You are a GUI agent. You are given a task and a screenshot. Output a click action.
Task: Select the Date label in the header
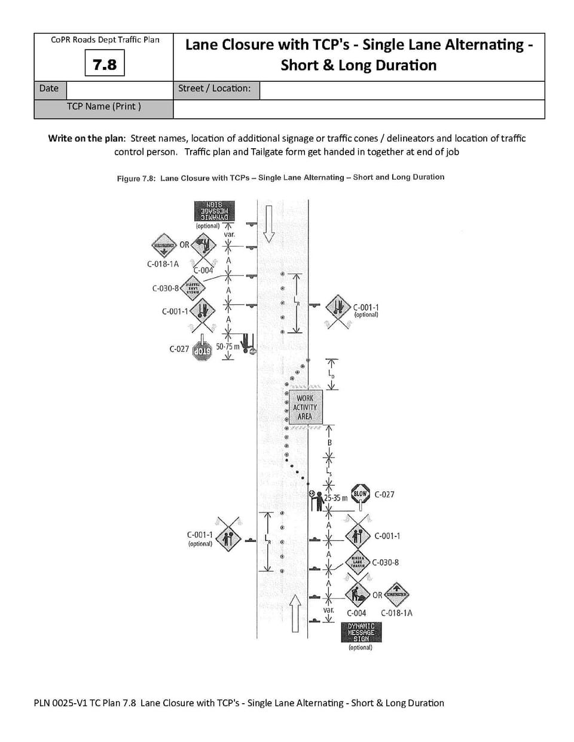pyautogui.click(x=48, y=88)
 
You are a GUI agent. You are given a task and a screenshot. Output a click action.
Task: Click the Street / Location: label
pyautogui.click(x=214, y=88)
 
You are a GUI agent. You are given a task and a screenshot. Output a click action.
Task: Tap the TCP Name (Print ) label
pyautogui.click(x=104, y=106)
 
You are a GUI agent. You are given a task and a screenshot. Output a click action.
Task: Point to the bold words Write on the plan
pyautogui.click(x=87, y=139)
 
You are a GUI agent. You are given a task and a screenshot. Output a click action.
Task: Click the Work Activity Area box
pyautogui.click(x=304, y=407)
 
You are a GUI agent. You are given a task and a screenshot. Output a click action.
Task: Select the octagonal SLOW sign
pyautogui.click(x=360, y=494)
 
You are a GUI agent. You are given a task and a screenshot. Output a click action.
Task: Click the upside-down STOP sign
pyautogui.click(x=203, y=350)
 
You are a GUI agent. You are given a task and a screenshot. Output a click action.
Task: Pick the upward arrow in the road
pyautogui.click(x=295, y=612)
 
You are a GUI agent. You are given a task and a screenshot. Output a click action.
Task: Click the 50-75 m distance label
pyautogui.click(x=227, y=347)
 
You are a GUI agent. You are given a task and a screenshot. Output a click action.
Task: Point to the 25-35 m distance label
pyautogui.click(x=336, y=498)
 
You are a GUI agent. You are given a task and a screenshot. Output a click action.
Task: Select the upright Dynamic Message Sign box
pyautogui.click(x=361, y=633)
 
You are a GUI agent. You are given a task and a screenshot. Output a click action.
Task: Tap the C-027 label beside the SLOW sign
pyautogui.click(x=384, y=495)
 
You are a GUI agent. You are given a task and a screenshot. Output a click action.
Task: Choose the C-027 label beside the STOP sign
pyautogui.click(x=179, y=349)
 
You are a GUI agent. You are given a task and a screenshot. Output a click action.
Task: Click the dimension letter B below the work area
pyautogui.click(x=329, y=443)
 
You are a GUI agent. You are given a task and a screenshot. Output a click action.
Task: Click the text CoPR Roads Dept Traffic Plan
pyautogui.click(x=105, y=40)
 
